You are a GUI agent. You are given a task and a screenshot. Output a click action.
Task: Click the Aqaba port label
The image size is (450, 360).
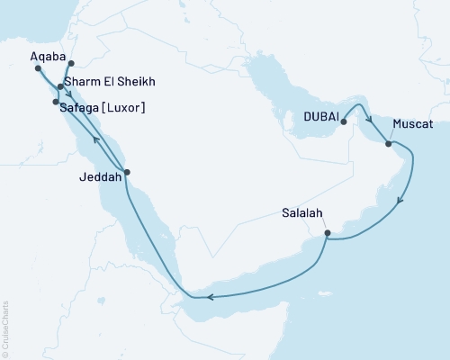49,56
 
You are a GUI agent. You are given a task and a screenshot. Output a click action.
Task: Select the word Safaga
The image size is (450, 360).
83,108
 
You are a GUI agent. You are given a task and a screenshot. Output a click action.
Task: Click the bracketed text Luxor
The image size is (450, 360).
127,108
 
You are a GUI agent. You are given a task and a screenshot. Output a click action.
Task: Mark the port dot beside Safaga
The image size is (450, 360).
56,103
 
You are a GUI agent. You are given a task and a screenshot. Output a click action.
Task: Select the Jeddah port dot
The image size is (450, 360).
127,172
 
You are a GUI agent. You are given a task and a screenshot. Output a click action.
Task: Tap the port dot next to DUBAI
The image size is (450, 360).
345,120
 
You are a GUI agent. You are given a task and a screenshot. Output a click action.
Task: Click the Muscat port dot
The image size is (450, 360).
388,143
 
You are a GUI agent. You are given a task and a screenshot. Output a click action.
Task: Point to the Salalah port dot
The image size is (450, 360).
328,234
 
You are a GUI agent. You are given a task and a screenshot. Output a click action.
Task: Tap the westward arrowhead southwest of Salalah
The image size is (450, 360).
208,297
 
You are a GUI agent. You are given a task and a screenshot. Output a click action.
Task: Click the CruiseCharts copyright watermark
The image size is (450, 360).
5,328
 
